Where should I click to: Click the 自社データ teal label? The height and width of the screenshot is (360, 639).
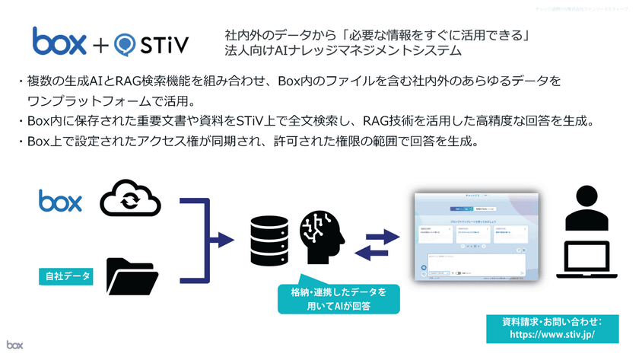(65, 276)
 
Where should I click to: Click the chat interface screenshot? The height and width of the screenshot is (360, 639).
(469, 237)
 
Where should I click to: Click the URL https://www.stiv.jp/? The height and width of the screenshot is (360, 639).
(552, 333)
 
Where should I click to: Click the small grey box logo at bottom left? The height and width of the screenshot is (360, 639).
(15, 345)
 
